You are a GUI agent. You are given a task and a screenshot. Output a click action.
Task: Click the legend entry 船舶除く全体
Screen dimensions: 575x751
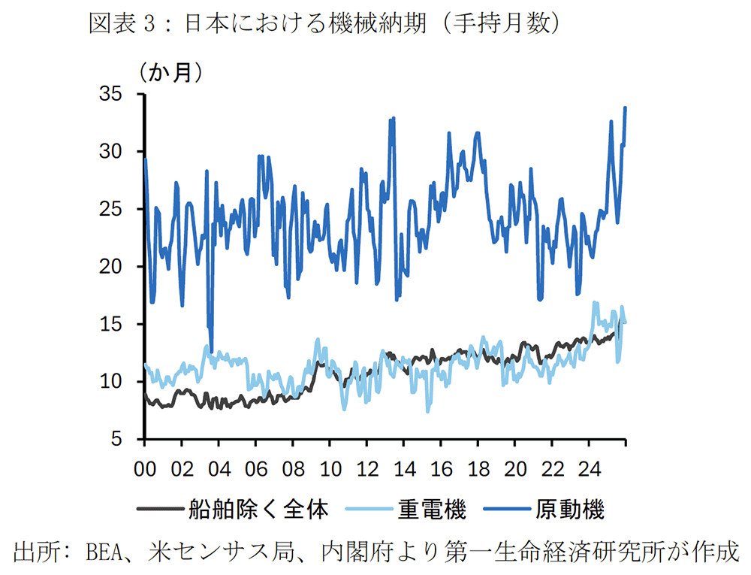coord(259,510)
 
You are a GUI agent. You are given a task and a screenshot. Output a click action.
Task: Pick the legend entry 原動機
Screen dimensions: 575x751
coord(570,510)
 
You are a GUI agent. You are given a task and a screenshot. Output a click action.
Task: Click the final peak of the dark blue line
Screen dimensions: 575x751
coord(626,108)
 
